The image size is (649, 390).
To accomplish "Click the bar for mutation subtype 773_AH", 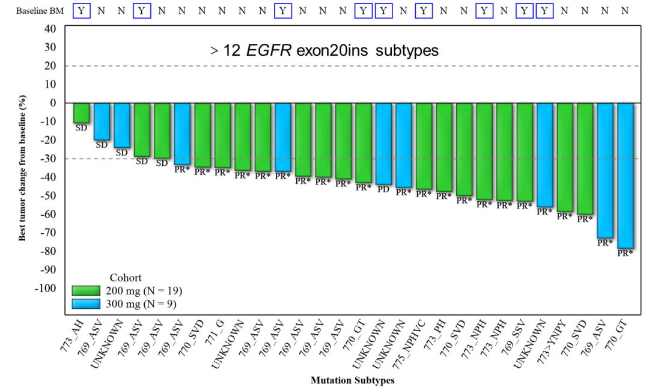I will pos(82,113).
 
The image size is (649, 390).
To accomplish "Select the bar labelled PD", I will pos(383,144).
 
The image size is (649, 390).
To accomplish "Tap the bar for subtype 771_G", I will pos(222,135).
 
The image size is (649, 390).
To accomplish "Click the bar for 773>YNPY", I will pos(565,157).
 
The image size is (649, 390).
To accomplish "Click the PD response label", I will pos(383,189).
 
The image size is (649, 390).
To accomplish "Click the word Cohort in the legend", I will pos(126,278).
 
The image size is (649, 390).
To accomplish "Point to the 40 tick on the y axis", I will pos(50,29).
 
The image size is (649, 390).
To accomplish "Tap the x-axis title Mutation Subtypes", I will pos(352,380).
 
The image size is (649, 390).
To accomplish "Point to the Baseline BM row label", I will pos(37,11).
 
